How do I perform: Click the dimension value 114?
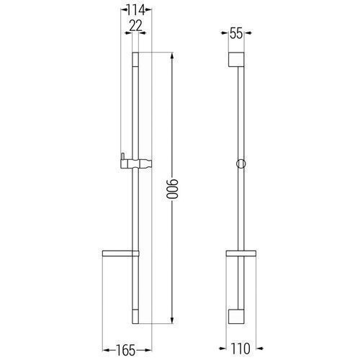pyautogui.click(x=136, y=10)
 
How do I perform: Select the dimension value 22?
pyautogui.click(x=135, y=26)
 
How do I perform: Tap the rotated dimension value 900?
pyautogui.click(x=173, y=189)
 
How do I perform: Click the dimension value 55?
pyautogui.click(x=236, y=33)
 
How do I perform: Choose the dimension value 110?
pyautogui.click(x=240, y=348)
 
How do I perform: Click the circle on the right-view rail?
pyautogui.click(x=241, y=163)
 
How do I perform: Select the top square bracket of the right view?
pyautogui.click(x=236, y=59)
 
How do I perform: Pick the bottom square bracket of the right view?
pyautogui.click(x=236, y=316)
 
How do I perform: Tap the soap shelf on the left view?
pyautogui.click(x=121, y=253)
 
